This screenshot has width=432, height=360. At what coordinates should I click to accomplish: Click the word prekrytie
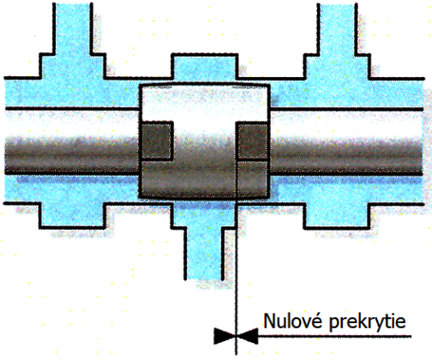pyautogui.click(x=367, y=322)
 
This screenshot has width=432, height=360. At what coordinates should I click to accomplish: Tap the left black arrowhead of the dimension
pyautogui.click(x=225, y=336)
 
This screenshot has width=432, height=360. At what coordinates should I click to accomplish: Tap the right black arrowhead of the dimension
pyautogui.click(x=248, y=336)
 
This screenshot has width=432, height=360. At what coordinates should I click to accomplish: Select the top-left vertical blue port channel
pyautogui.click(x=72, y=28)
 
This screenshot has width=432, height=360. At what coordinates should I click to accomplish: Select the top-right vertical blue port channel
pyautogui.click(x=337, y=28)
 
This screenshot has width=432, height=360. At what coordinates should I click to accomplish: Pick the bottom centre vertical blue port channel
pyautogui.click(x=205, y=254)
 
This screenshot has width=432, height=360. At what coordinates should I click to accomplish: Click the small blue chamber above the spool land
pyautogui.click(x=205, y=69)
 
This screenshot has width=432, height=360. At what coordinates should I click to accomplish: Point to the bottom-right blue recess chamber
pyautogui.click(x=337, y=215)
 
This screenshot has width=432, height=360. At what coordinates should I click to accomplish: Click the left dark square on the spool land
pyautogui.click(x=157, y=141)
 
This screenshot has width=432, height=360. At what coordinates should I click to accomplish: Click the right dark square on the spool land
pyautogui.click(x=252, y=141)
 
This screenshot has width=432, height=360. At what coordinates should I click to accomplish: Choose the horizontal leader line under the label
pyautogui.click(x=335, y=336)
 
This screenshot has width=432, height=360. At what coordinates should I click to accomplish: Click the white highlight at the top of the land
pyautogui.click(x=205, y=103)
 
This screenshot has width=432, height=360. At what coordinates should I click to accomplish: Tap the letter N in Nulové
pyautogui.click(x=270, y=321)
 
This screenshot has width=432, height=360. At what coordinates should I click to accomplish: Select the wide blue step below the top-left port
pyautogui.click(x=73, y=66)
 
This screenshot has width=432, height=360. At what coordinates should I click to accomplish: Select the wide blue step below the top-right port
pyautogui.click(x=337, y=66)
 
